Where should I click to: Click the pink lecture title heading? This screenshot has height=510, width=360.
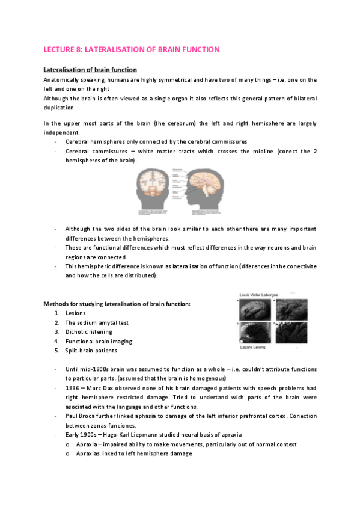pyautogui.click(x=132, y=49)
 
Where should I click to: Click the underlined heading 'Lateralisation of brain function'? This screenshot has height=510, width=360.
pyautogui.click(x=91, y=70)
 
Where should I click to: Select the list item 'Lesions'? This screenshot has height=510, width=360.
pyautogui.click(x=76, y=313)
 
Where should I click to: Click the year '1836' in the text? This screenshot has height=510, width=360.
pyautogui.click(x=73, y=388)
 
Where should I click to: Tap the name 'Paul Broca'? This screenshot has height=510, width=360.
pyautogui.click(x=82, y=416)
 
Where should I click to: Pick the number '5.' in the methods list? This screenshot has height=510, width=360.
pyautogui.click(x=56, y=351)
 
